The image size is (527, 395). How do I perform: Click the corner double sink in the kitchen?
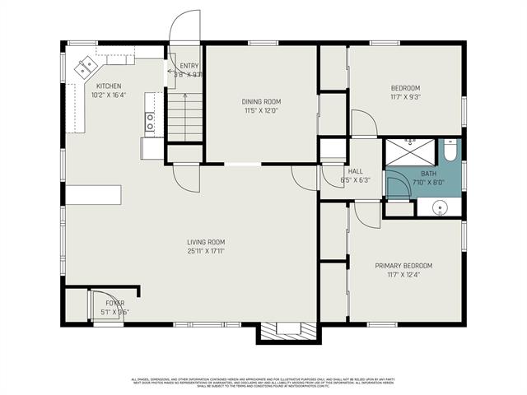[x=85, y=68]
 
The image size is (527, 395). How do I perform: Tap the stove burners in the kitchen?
[x=150, y=123]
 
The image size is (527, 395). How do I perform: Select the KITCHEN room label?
[x=110, y=86]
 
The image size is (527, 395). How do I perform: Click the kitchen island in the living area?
[x=94, y=195]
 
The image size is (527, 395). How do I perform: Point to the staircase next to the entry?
[x=185, y=116]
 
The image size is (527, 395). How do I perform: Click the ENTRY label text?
[x=189, y=66]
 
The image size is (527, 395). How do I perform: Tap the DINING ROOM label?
[x=262, y=101]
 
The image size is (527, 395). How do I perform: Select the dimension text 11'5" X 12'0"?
[x=262, y=110]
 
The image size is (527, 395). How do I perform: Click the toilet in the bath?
[x=450, y=152]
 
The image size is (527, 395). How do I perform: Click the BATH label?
[x=428, y=174]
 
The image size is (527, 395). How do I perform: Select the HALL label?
[x=355, y=171]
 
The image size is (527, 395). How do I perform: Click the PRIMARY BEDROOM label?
[x=403, y=266]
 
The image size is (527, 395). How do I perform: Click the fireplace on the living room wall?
[x=288, y=331]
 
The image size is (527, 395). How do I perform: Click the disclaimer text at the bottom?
[x=263, y=382]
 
